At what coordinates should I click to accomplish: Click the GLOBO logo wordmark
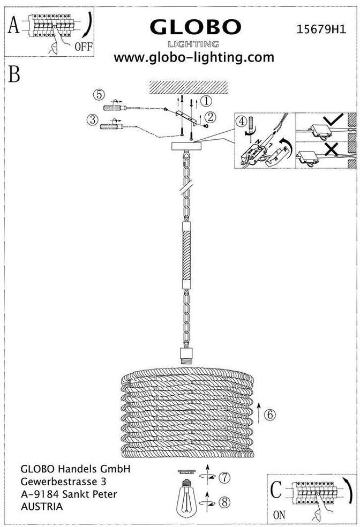tap(195, 27)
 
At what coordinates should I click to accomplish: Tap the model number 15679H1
tap(320, 31)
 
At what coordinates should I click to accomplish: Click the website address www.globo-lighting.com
tap(194, 57)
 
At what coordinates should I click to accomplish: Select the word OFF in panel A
tap(84, 47)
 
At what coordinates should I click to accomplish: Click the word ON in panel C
tap(279, 516)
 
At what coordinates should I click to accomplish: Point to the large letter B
tap(14, 74)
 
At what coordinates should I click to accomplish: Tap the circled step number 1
tap(206, 100)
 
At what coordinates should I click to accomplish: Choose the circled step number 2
tap(211, 116)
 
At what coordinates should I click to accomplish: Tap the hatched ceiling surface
tap(188, 87)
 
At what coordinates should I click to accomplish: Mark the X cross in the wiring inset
tap(331, 149)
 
